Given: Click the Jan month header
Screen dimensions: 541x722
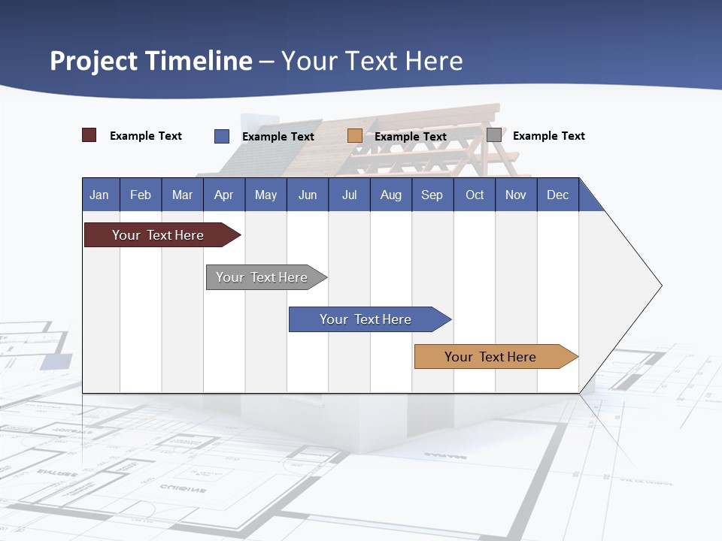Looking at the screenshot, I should click(x=100, y=195).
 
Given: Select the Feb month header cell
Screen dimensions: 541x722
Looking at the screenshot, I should click(x=141, y=195).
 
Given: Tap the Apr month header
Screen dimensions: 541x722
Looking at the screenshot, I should click(x=224, y=195).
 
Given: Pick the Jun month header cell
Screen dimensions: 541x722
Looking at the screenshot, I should click(x=308, y=195).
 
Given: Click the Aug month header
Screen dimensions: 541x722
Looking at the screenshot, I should click(x=391, y=195).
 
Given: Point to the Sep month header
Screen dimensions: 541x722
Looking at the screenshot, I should click(x=432, y=195).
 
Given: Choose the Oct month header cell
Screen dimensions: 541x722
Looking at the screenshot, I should click(x=475, y=195).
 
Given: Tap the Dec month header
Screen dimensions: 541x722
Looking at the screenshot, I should click(x=558, y=195).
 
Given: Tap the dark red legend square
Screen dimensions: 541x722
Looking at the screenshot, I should click(x=89, y=135).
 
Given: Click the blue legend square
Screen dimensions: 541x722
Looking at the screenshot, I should click(x=222, y=136).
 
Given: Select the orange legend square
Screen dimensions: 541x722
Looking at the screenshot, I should click(x=355, y=136).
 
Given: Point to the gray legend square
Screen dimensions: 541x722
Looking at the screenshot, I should click(x=494, y=135).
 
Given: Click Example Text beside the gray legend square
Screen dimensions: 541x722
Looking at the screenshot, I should click(x=548, y=136).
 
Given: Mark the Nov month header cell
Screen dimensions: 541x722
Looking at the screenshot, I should click(x=516, y=195).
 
